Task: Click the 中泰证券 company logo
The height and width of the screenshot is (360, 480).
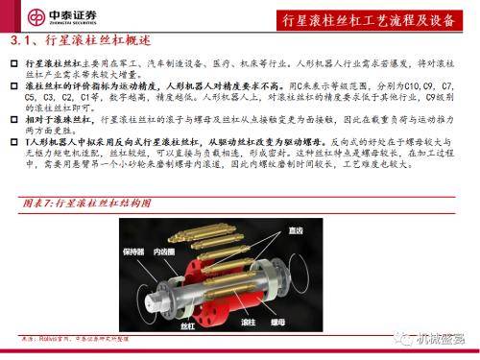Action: click(x=48, y=17)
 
